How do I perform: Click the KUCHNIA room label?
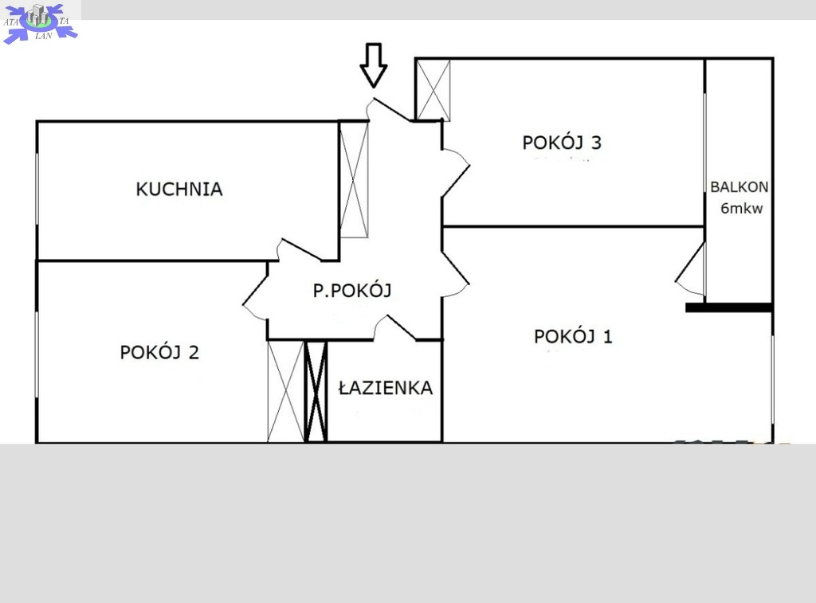(179, 189)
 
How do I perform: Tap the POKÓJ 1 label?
(573, 336)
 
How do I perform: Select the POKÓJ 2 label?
(159, 352)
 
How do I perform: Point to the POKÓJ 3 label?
(562, 143)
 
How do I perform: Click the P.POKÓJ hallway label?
(352, 290)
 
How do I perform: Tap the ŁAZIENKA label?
(386, 388)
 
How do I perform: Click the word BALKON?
(739, 186)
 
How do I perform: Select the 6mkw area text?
(742, 208)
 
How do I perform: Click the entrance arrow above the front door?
(374, 65)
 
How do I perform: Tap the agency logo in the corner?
(40, 22)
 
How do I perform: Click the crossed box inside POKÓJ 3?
(433, 91)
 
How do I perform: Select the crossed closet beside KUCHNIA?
(354, 180)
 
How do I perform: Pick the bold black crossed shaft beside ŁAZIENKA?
(316, 391)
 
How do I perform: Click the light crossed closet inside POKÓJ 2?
(286, 391)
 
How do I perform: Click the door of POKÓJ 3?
(455, 173)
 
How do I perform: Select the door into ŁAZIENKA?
(394, 327)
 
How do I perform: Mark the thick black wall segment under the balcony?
(728, 308)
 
